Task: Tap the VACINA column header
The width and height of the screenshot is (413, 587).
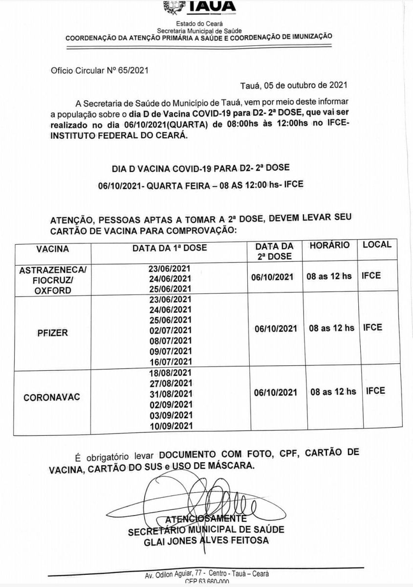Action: (52, 248)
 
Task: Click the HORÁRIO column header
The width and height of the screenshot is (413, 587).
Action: (329, 245)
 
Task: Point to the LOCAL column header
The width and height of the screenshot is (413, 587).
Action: (377, 244)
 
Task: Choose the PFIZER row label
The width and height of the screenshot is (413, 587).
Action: (52, 333)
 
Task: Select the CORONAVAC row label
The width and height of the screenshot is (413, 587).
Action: (52, 397)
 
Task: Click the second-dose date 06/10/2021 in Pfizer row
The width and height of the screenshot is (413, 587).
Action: (276, 329)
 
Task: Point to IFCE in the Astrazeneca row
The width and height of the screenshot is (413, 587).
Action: (371, 275)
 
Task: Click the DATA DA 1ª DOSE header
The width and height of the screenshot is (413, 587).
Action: (170, 248)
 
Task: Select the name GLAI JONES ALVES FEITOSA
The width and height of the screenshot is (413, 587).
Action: (206, 540)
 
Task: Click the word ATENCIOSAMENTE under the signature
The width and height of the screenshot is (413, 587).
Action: (206, 519)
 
